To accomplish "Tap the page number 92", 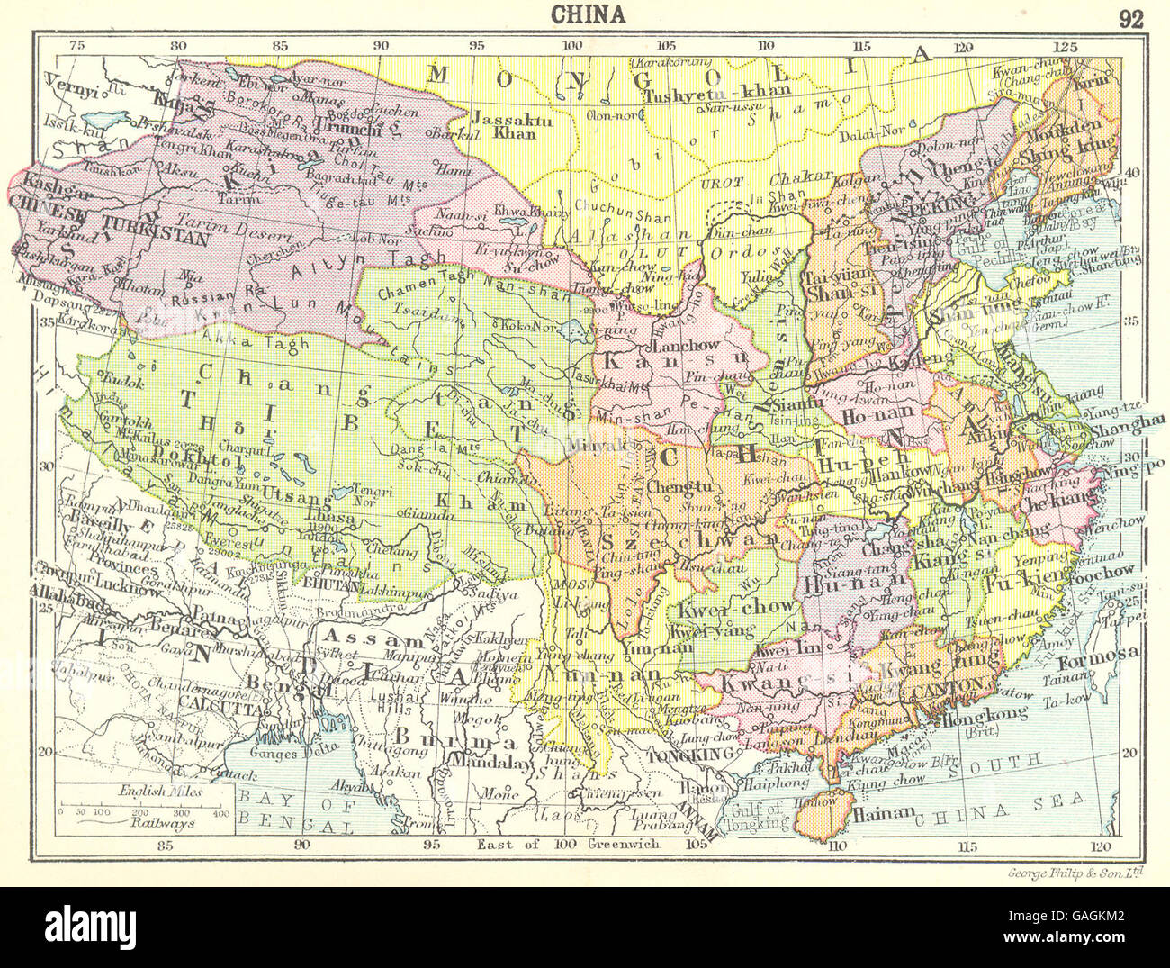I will (x=1129, y=18).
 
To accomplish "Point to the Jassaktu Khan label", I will (x=505, y=124).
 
